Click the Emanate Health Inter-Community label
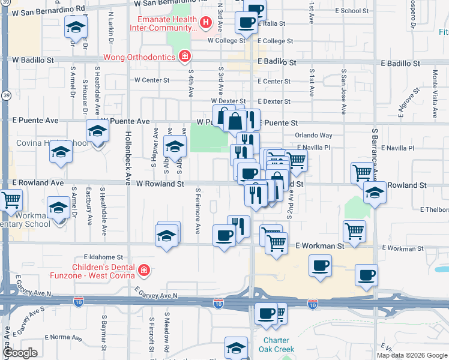click(164, 23)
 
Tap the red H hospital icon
click(206, 23)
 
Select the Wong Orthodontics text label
click(137, 57)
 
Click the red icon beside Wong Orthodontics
click(185, 57)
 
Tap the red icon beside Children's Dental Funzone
click(143, 271)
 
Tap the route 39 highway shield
click(5, 95)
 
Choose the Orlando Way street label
click(313, 136)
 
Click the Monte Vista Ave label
click(435, 89)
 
